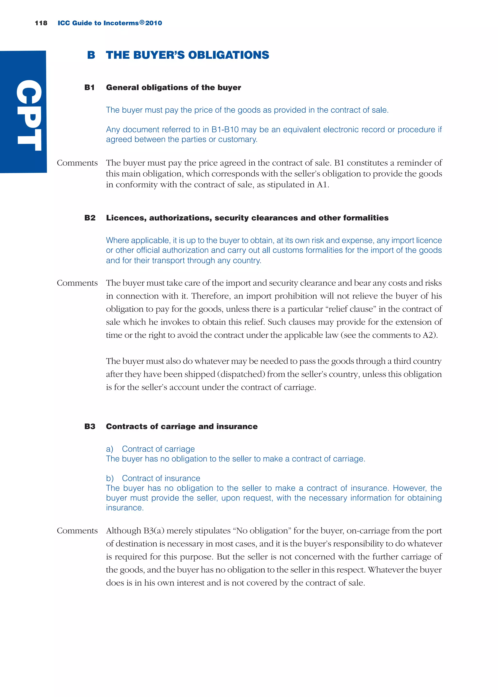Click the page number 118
pos(41,23)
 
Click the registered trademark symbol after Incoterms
pos(142,22)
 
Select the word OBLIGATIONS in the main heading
pos(229,55)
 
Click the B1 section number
pos(89,88)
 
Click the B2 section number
pos(90,218)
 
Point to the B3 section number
pos(90,427)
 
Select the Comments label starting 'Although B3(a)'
pos(77,530)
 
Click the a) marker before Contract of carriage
pos(109,449)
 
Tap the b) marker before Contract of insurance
pos(110,478)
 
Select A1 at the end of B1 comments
pos(322,185)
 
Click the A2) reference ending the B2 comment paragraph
pos(430,335)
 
